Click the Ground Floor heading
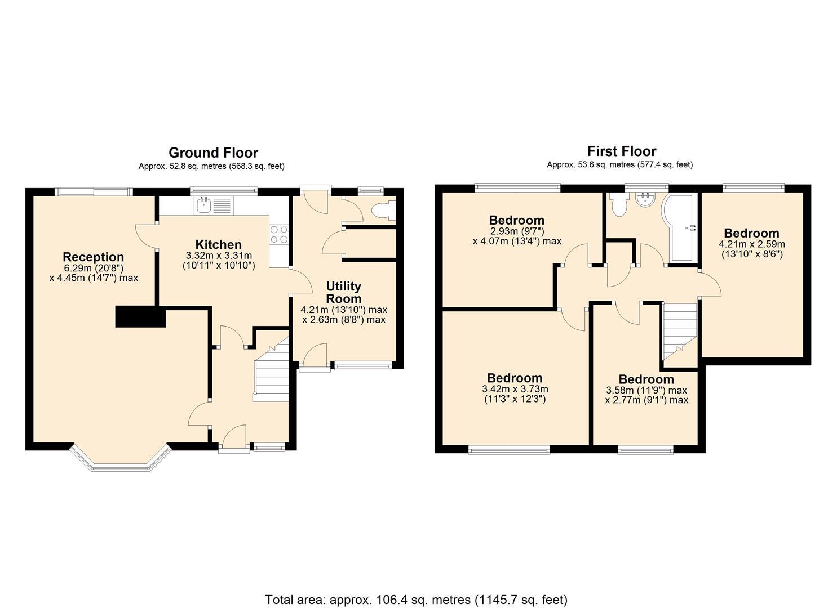click(213, 153)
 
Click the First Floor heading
click(621, 151)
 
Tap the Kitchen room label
click(218, 244)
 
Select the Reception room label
click(93, 257)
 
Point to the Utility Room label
click(343, 292)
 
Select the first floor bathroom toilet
click(618, 205)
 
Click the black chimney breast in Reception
click(140, 316)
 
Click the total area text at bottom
click(416, 600)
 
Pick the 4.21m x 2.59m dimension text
click(751, 244)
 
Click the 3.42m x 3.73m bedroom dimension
click(515, 389)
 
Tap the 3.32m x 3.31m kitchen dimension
click(219, 256)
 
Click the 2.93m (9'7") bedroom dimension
click(516, 231)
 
